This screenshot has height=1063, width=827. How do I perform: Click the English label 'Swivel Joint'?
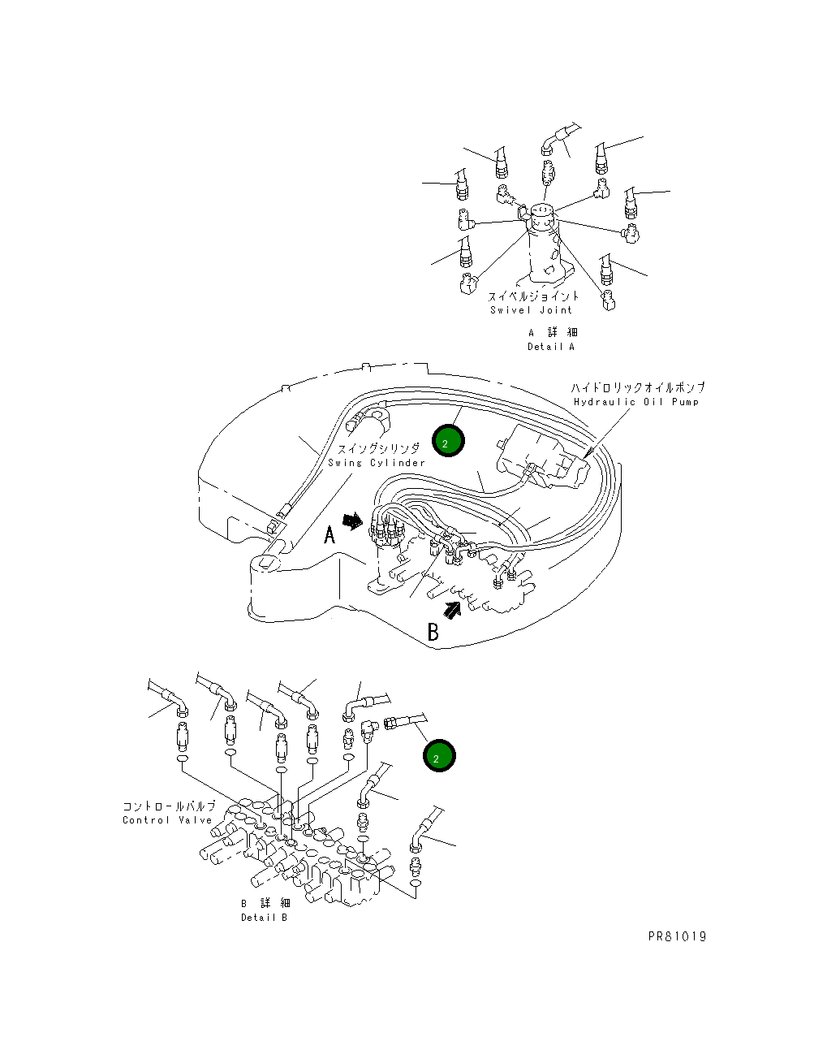[531, 310]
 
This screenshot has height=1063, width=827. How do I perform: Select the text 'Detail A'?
[551, 347]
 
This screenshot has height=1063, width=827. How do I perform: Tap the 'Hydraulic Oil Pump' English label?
[636, 402]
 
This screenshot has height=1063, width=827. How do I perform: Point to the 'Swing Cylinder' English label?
[377, 463]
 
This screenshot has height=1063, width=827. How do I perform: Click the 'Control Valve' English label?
[167, 820]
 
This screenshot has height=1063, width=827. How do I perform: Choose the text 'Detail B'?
[264, 918]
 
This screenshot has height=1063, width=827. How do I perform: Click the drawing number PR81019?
[677, 936]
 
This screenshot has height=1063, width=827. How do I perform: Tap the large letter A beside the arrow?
[330, 534]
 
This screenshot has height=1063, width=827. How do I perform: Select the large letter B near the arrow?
[433, 632]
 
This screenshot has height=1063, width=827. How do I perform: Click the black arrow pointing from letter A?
[353, 521]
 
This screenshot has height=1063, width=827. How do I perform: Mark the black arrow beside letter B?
[452, 610]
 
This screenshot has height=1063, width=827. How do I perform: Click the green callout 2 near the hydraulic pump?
[448, 441]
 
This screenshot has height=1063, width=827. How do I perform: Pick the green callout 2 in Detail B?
[439, 756]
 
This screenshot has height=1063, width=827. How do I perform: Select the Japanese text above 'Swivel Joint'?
[534, 296]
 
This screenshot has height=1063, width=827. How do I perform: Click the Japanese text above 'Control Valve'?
[169, 806]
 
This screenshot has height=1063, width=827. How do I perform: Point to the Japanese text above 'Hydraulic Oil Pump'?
[638, 387]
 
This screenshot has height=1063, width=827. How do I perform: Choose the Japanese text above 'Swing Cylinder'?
[378, 448]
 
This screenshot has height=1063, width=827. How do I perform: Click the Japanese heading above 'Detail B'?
[266, 903]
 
